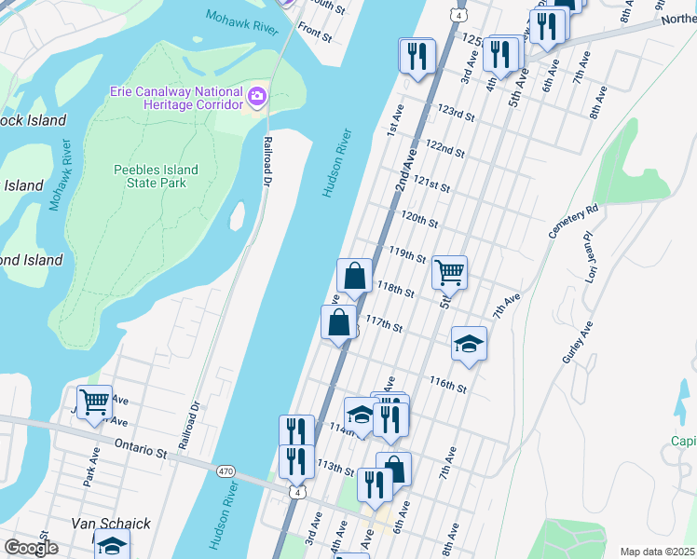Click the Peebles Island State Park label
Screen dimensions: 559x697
157,176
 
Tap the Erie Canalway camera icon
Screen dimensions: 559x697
258,95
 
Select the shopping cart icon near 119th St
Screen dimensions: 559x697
449,272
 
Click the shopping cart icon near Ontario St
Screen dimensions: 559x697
94,402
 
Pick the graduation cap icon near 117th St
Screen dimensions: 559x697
470,344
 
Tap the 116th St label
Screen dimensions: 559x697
447,385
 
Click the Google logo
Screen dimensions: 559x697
32,548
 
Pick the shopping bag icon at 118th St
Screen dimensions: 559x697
354,276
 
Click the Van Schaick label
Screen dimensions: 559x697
111,525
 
